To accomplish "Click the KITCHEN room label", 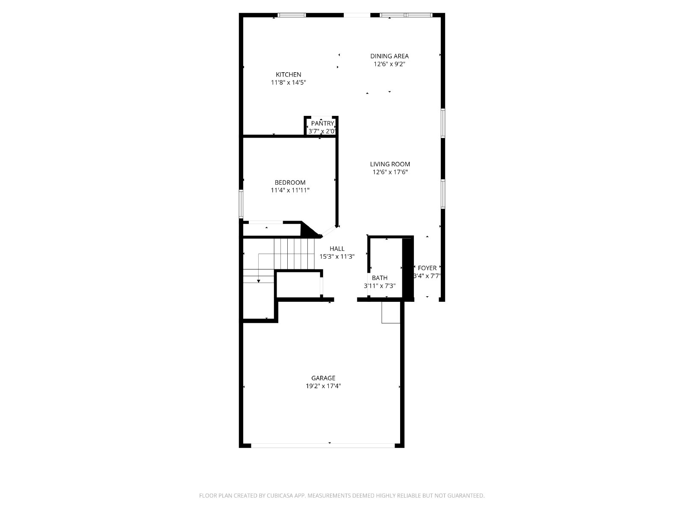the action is pos(288,74).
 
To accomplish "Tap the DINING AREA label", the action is pos(389,56).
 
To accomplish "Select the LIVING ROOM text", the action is pos(390,164).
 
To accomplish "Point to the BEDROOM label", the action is pos(290,182).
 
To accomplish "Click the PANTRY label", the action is pos(322,124).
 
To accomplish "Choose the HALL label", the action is pos(337,248).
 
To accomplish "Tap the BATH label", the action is pos(380,277).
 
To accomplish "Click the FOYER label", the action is pos(427,268).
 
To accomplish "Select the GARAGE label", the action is pos(323,378).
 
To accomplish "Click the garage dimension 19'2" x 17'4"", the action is pos(323,386).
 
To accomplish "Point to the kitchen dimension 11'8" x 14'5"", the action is pos(288,83).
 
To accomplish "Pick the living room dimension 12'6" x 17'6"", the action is pos(390,172).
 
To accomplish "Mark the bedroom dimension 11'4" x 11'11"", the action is pos(290,190).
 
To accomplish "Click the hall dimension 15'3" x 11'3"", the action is pos(337,256).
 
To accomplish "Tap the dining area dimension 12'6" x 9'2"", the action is pos(389,64).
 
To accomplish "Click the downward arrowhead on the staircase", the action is pos(258,281).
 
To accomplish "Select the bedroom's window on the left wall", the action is pos(241,204).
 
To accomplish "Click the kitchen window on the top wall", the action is pos(292,15).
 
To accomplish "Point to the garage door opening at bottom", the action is pos(323,446).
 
